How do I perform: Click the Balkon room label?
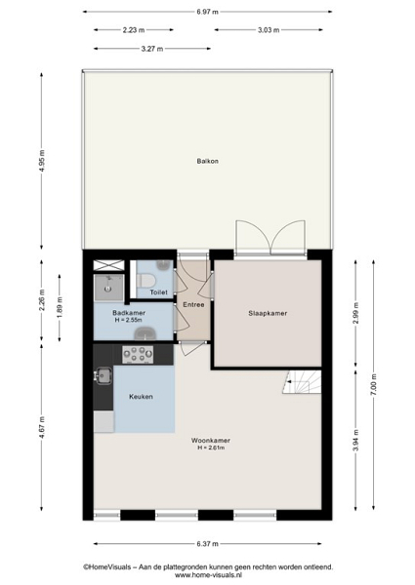[208, 161]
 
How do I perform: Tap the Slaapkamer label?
[268, 313]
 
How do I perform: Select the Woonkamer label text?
[211, 441]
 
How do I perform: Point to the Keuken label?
[141, 397]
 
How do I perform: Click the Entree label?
[193, 305]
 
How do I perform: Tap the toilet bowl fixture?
[145, 281]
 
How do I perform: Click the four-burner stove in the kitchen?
[138, 355]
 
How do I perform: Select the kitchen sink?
[104, 375]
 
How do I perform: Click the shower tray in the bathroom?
[108, 288]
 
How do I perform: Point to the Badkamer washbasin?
[145, 333]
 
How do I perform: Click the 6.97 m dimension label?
[208, 12]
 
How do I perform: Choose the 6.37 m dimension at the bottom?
[208, 544]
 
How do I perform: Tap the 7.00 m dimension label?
[374, 384]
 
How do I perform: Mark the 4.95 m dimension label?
[42, 161]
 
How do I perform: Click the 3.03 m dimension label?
[269, 30]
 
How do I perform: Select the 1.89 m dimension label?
[60, 308]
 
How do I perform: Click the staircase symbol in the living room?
[302, 382]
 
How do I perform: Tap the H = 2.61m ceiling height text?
[211, 448]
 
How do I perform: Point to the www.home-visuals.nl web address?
[208, 575]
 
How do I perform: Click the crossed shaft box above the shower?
[108, 265]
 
